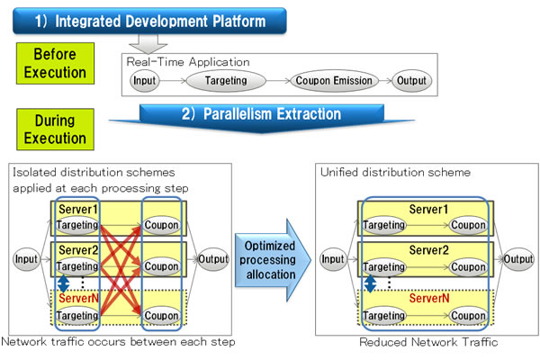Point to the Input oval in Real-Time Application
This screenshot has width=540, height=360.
tap(145, 81)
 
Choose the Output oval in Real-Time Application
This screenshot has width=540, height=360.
tap(412, 81)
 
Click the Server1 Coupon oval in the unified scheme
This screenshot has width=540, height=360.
tap(469, 225)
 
